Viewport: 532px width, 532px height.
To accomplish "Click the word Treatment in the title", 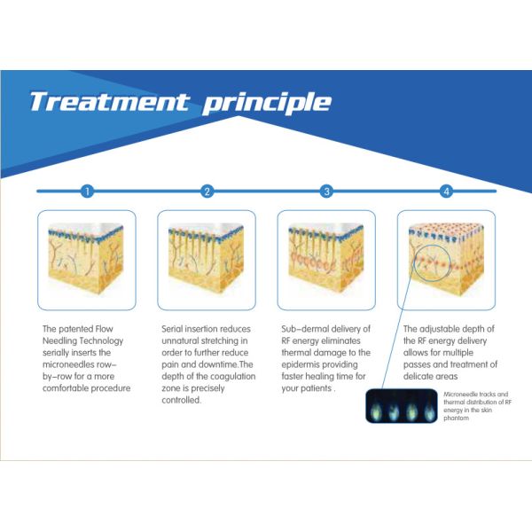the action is pos(110,101).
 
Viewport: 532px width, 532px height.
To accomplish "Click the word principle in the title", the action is pos(267,103).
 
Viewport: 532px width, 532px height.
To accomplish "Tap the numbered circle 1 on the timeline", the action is pos(87,192).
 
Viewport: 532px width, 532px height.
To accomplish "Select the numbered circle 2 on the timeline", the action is pos(207,192).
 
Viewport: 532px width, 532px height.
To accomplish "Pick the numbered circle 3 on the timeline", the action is pos(326,192).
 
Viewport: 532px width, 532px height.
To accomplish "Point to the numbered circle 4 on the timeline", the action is pos(447,192).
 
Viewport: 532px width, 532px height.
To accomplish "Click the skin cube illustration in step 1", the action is pos(86,259).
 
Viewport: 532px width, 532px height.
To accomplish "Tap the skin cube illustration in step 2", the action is pos(207,259).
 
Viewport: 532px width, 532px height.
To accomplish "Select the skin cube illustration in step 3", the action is pos(326,259).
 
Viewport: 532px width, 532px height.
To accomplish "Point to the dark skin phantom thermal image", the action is pos(402,406).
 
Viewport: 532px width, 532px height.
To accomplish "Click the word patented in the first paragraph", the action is pos(76,329).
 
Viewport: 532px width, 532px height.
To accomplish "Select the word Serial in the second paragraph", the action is pos(172,329).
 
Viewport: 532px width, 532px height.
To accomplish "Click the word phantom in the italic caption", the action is pos(457,419).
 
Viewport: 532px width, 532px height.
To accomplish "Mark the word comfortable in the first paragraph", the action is pos(65,388).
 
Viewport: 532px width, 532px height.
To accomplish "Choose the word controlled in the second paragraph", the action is pos(181,400).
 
